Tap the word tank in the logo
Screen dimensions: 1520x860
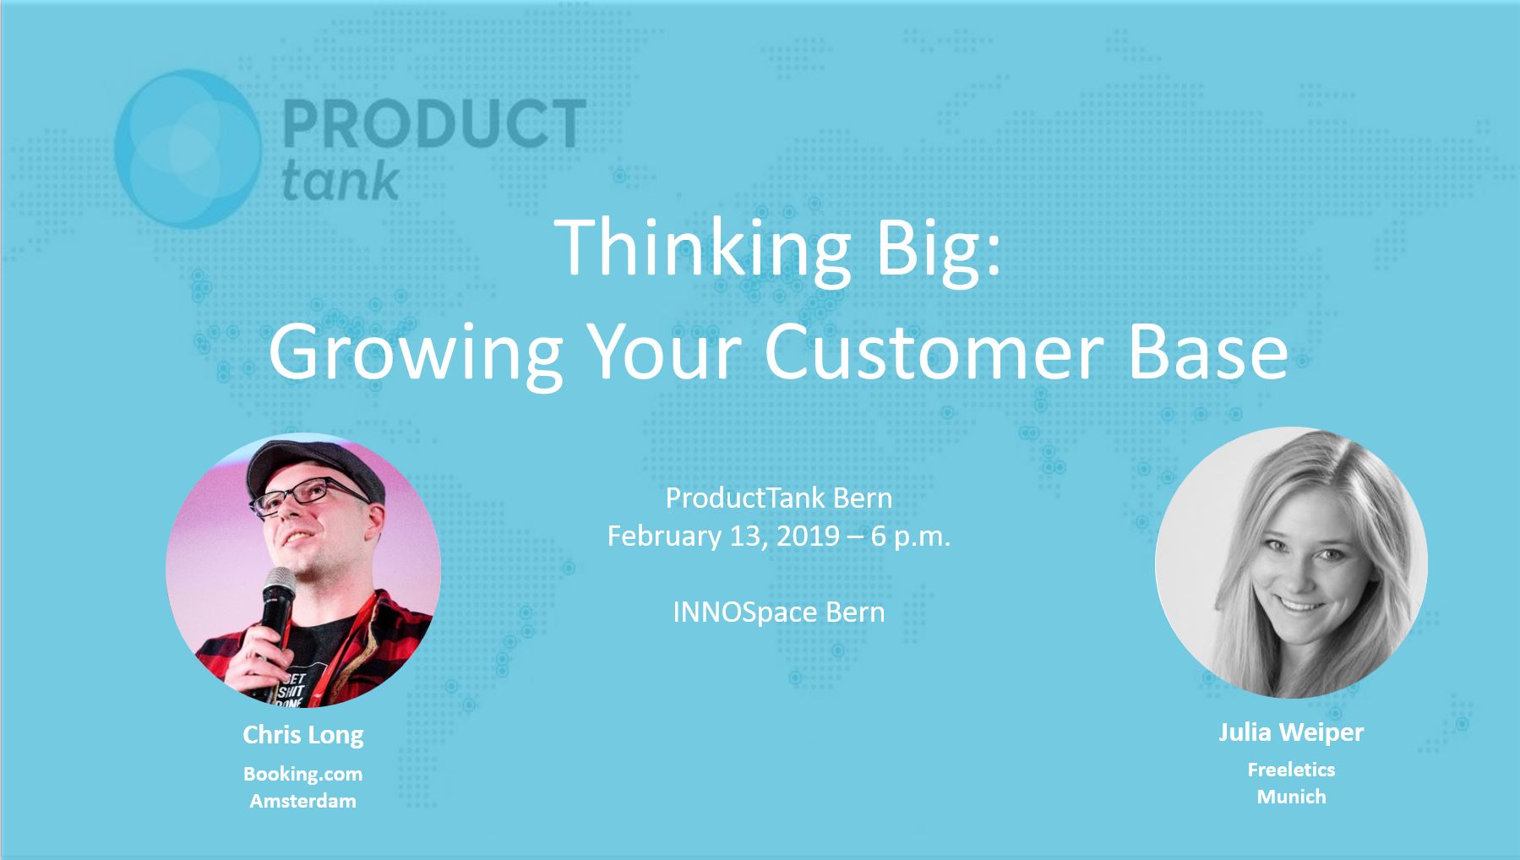[340, 179]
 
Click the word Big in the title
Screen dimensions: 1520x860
[939, 249]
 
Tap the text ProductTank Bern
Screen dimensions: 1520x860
[779, 498]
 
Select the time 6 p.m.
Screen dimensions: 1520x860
[911, 537]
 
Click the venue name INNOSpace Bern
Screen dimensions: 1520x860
[779, 612]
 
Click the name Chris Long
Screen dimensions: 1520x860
[303, 735]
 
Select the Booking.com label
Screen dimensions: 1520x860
[303, 774]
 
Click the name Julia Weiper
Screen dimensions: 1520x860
[1291, 732]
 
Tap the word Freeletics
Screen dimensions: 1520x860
[1291, 770]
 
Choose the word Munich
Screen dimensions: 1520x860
[1291, 797]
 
